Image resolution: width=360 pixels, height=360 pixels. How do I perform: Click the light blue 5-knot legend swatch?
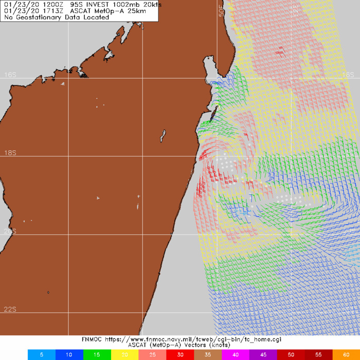(40, 355)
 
